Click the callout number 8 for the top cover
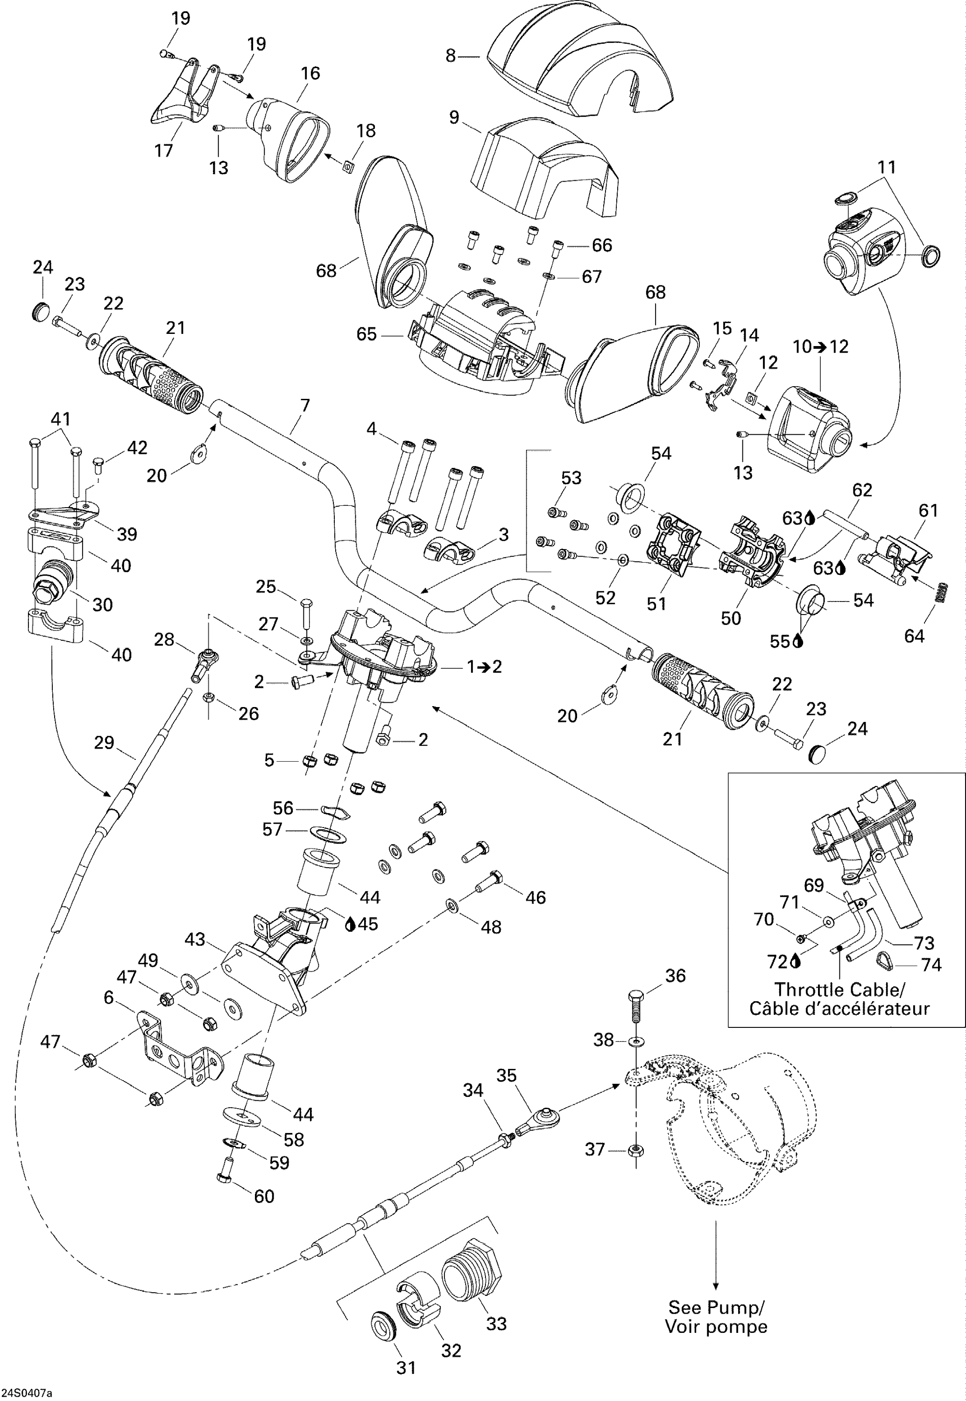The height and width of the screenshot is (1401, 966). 450,56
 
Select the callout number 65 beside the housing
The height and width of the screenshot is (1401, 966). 366,334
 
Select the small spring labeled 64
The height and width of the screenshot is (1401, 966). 941,592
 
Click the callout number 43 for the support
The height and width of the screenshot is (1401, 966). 195,939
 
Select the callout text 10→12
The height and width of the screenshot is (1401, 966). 821,347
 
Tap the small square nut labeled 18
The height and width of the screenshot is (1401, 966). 347,166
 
